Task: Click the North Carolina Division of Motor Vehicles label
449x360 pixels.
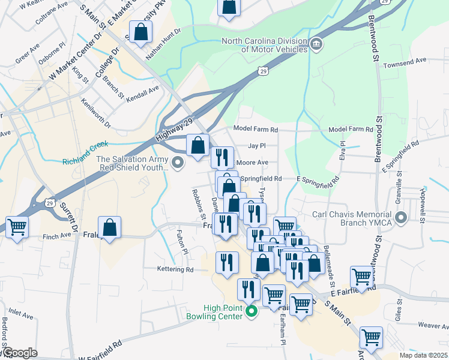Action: click(x=265, y=45)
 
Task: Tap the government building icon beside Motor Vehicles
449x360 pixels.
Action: click(x=316, y=44)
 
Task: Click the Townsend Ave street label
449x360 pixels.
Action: click(x=405, y=61)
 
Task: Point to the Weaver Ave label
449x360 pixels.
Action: click(x=433, y=325)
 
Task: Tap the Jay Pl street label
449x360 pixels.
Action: click(x=256, y=146)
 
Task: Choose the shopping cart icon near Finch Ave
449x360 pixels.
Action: click(x=17, y=227)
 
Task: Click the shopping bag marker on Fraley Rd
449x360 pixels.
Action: click(x=109, y=228)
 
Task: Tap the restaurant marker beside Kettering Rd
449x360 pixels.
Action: click(x=227, y=262)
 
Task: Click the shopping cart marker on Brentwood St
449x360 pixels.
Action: click(x=362, y=278)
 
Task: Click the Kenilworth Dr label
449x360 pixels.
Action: click(x=100, y=115)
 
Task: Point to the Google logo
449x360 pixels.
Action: click(x=19, y=353)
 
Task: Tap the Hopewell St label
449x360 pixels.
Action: click(x=423, y=196)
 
